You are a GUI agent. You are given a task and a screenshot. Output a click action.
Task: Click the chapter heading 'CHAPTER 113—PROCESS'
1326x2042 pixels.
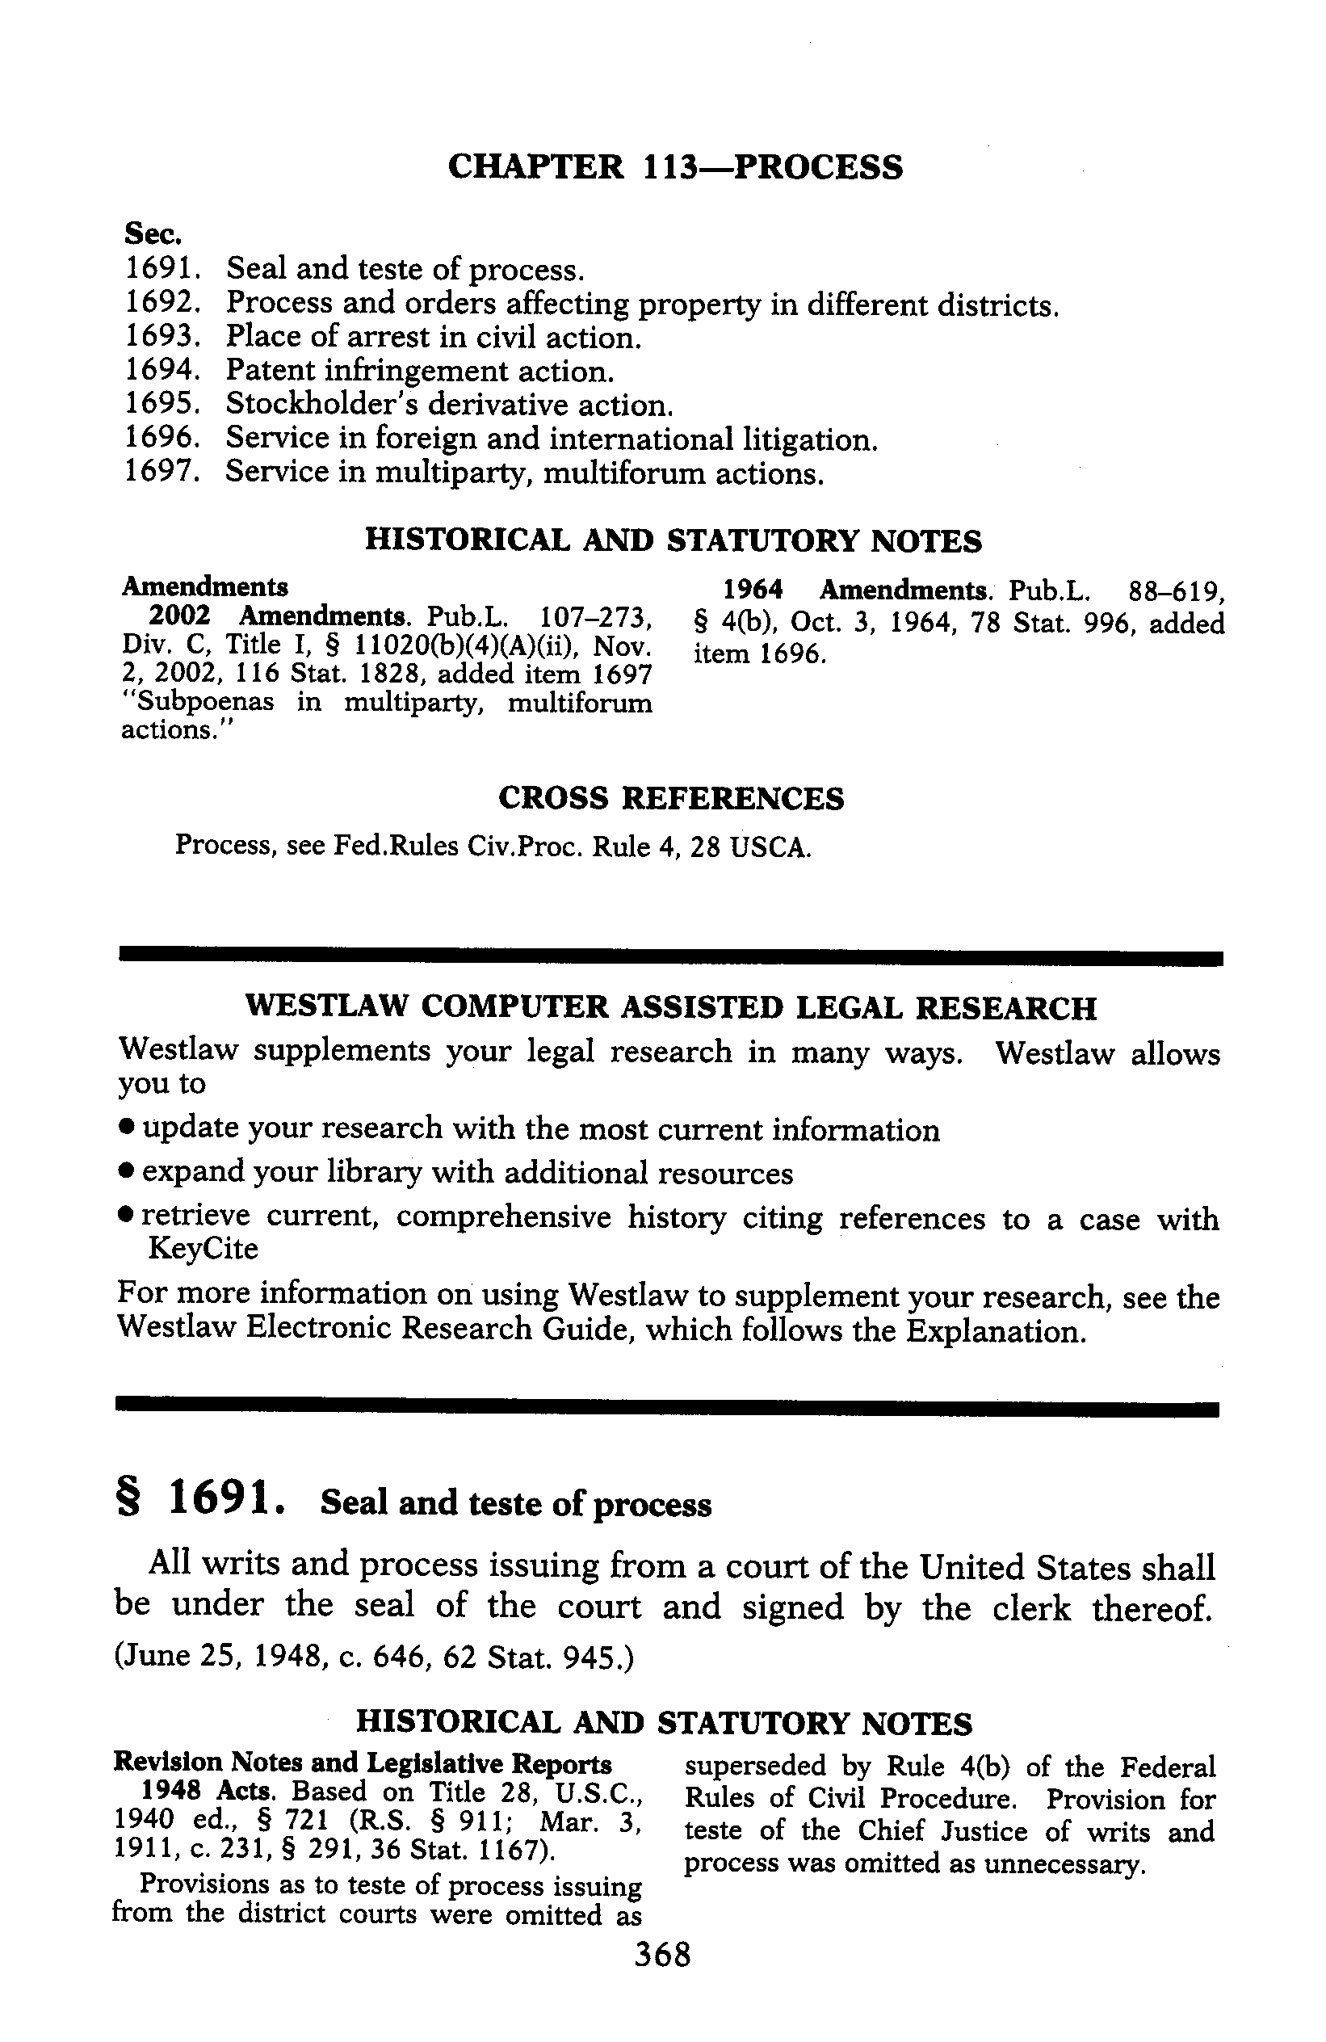tap(675, 166)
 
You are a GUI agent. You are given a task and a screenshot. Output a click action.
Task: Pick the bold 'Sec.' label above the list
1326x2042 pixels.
tap(147, 233)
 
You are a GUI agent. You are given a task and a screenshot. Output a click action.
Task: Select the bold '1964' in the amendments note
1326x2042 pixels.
tap(752, 590)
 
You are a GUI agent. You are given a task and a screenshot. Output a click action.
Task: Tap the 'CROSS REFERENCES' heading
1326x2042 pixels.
tap(671, 799)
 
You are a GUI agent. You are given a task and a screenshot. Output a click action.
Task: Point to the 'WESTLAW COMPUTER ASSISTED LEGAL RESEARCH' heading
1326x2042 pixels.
tap(671, 1007)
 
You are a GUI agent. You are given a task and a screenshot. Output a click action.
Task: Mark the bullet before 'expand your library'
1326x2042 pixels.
tap(126, 1172)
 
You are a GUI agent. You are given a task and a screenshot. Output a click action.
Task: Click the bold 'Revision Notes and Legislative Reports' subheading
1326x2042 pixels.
tap(363, 1763)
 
